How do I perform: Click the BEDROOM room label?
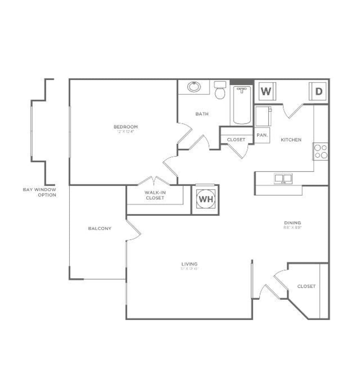125,127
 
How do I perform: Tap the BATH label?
202,114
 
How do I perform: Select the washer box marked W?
266,91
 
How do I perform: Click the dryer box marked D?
319,92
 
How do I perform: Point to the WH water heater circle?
205,200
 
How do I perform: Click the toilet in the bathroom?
220,90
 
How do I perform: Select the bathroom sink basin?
194,87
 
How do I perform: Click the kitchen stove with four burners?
321,151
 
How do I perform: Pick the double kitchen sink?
283,178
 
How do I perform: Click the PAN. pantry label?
262,135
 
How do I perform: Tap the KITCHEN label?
291,140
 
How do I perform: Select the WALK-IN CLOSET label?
155,195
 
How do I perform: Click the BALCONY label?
100,228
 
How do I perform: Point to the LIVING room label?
189,264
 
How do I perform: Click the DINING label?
292,223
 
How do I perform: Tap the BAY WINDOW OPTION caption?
39,192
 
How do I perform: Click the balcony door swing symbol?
133,230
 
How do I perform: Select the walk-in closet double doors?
153,181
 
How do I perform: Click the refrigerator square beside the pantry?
263,116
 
